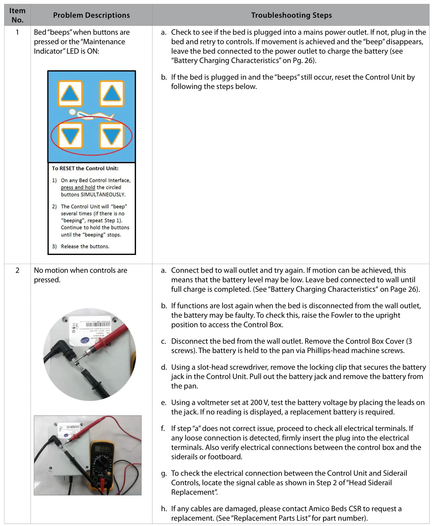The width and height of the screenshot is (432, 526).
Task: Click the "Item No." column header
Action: tap(17, 15)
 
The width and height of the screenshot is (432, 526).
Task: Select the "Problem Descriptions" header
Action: tap(91, 15)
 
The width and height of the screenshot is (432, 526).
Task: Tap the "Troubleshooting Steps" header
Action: tap(291, 15)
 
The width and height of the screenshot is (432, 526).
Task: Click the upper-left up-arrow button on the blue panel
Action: tap(70, 94)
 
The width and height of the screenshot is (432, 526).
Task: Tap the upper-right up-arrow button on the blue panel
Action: tap(112, 94)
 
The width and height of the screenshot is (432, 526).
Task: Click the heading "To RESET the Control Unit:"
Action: tap(85, 168)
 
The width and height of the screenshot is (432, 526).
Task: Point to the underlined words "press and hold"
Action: tap(78, 187)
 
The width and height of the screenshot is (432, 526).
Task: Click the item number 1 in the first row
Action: tap(17, 32)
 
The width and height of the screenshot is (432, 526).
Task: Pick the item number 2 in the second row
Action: tap(17, 270)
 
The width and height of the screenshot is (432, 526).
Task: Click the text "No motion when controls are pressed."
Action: tap(80, 275)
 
